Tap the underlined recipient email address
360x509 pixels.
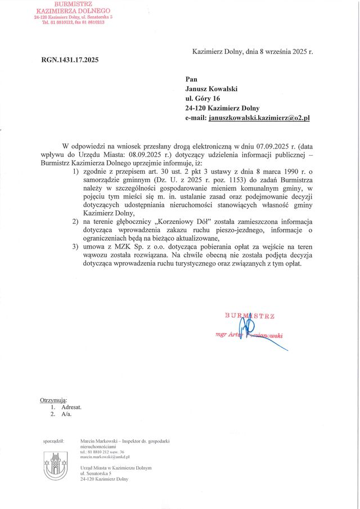pos(259,118)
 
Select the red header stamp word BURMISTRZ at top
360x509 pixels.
pos(73,4)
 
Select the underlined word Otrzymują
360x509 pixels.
pos(53,400)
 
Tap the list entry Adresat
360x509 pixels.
pos(71,407)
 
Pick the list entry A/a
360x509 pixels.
pos(67,415)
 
